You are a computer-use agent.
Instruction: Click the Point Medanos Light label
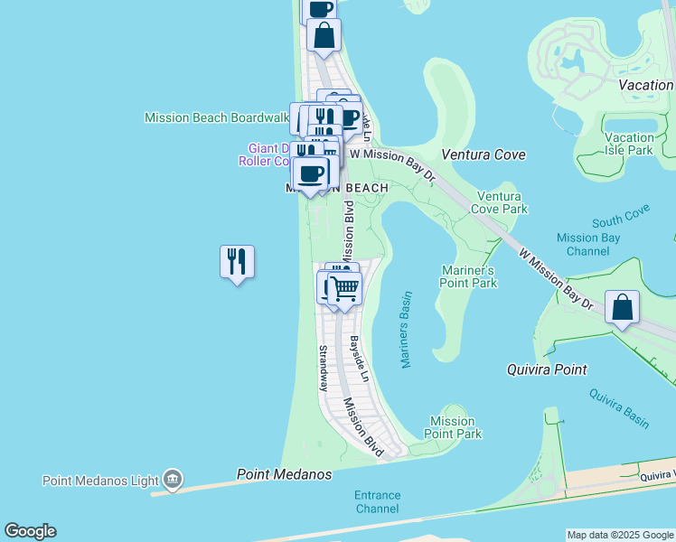tap(99, 480)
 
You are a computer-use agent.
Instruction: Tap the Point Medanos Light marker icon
tap(173, 480)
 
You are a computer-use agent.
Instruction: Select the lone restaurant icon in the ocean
tap(237, 262)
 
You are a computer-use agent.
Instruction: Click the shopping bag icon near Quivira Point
tap(623, 307)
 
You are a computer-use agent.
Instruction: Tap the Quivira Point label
tap(546, 369)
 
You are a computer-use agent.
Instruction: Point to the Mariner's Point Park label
tap(469, 276)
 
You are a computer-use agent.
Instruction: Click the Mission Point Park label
tap(452, 427)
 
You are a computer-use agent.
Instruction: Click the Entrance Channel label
tap(376, 501)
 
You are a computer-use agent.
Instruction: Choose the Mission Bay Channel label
tap(588, 244)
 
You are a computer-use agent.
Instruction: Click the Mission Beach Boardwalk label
tap(216, 117)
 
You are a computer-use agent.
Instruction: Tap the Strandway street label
tap(323, 367)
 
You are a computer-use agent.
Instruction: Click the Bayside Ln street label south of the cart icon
tap(360, 359)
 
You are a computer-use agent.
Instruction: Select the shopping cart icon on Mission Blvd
tap(343, 288)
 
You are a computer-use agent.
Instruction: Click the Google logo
tap(30, 531)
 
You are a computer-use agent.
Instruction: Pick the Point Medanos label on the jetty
tap(284, 474)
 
